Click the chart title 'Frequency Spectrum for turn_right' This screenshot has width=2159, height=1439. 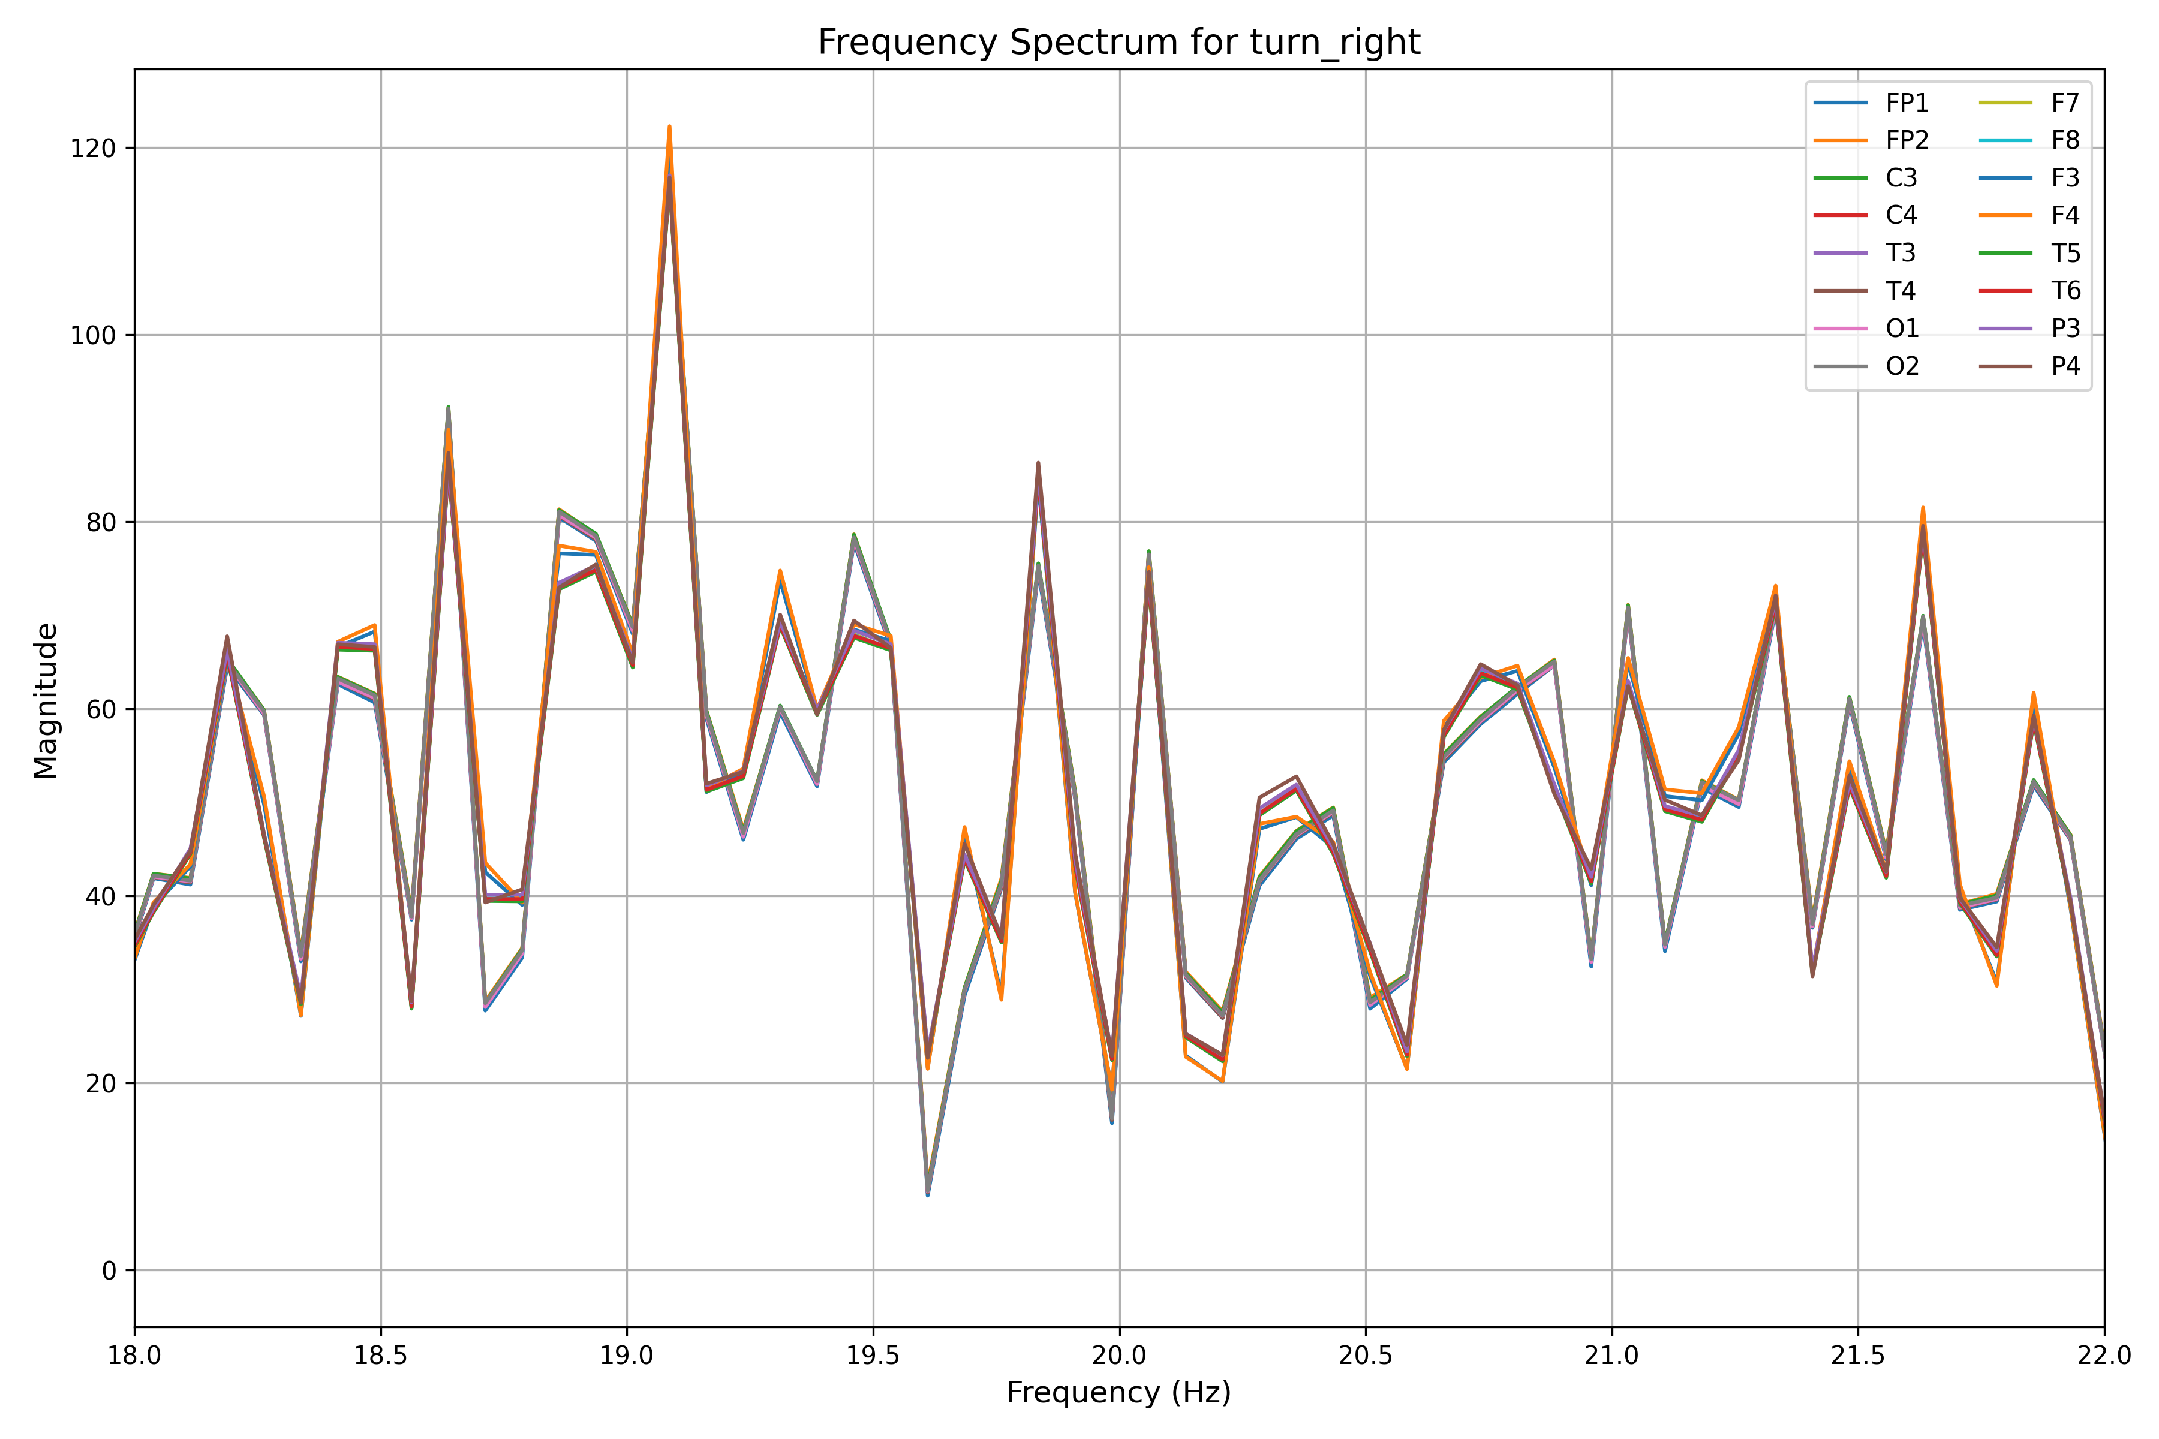[1119, 42]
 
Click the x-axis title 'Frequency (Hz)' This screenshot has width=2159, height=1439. [1119, 1392]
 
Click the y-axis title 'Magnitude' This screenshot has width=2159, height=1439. [46, 700]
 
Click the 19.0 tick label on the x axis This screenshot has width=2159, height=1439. [627, 1356]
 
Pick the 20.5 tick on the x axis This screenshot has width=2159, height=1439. [1366, 1356]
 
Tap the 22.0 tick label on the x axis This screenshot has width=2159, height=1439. [2104, 1356]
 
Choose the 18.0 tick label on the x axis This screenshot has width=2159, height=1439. [135, 1356]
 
